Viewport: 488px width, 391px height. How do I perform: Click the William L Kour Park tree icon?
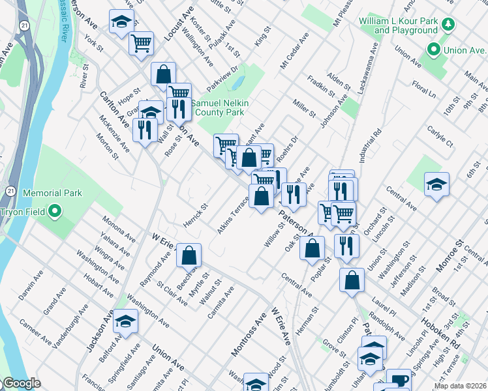[448, 25]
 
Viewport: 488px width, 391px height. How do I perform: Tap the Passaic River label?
[63, 20]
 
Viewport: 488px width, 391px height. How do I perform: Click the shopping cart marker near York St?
[141, 43]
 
